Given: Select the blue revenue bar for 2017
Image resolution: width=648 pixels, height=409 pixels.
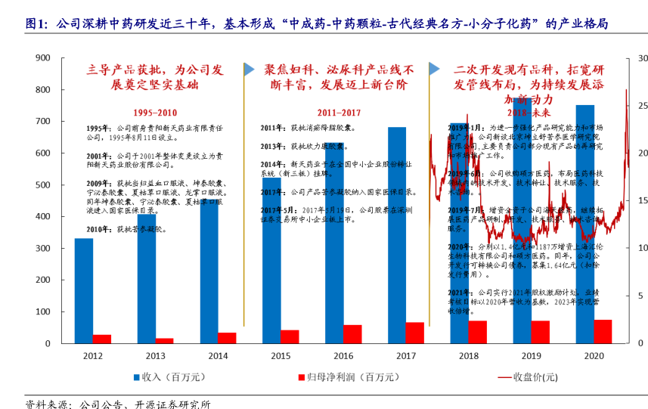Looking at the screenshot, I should click(x=397, y=235).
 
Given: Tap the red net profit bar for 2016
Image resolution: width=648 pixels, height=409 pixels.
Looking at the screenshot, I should click(x=352, y=334).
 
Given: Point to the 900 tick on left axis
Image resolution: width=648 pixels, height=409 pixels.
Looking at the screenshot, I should click(x=42, y=57).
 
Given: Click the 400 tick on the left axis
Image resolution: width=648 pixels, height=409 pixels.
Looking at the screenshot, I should click(x=42, y=217).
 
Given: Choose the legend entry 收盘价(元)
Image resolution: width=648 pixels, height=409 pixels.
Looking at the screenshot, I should click(x=534, y=376).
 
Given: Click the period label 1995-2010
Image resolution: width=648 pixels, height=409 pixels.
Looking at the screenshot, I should click(x=156, y=112).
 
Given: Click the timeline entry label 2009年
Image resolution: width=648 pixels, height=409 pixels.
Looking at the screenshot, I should click(x=99, y=183).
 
